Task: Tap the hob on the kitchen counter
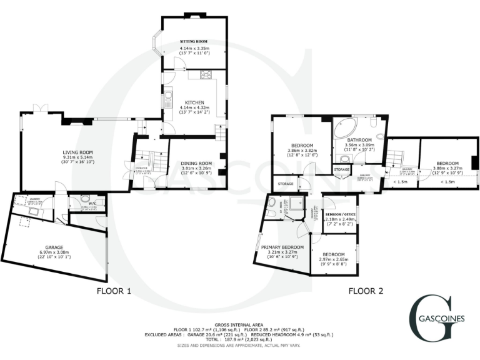[206, 76]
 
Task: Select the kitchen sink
[169, 99]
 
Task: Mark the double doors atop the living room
[41, 108]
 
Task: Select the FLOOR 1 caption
[114, 291]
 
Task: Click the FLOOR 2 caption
[366, 291]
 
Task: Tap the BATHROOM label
[359, 139]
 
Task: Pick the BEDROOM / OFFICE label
[340, 214]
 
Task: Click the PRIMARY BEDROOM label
[279, 247]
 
